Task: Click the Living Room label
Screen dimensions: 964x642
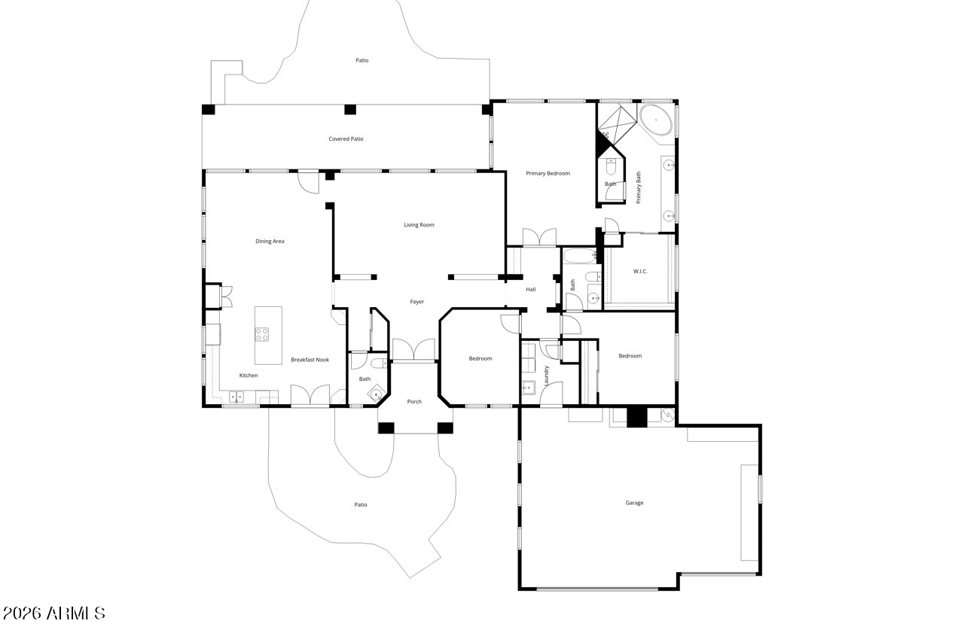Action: pyautogui.click(x=419, y=225)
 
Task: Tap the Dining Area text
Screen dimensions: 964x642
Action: pyautogui.click(x=270, y=242)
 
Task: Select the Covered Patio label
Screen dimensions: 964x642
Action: pyautogui.click(x=346, y=139)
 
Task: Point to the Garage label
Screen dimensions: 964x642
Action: pyautogui.click(x=634, y=503)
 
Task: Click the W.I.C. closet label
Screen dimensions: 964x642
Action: pyautogui.click(x=640, y=272)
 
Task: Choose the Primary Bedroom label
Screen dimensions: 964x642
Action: pyautogui.click(x=548, y=173)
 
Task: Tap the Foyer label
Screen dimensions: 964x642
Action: pyautogui.click(x=417, y=302)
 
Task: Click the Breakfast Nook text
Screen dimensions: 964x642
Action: pyautogui.click(x=310, y=360)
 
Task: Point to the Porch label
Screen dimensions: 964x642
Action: pyautogui.click(x=414, y=402)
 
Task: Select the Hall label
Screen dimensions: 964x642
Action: pyautogui.click(x=531, y=290)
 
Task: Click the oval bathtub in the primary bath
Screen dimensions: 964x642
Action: pyautogui.click(x=655, y=120)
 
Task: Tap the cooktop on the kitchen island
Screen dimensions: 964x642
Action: pyautogui.click(x=261, y=334)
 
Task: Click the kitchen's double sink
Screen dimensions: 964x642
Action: pyautogui.click(x=236, y=397)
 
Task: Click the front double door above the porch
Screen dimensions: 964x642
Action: pyautogui.click(x=413, y=349)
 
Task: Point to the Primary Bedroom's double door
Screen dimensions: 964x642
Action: pyautogui.click(x=539, y=237)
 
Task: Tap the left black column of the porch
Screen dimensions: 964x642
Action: pyautogui.click(x=386, y=427)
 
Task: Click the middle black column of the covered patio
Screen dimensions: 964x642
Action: pyautogui.click(x=350, y=110)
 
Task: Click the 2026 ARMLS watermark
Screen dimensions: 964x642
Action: pyautogui.click(x=53, y=613)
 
